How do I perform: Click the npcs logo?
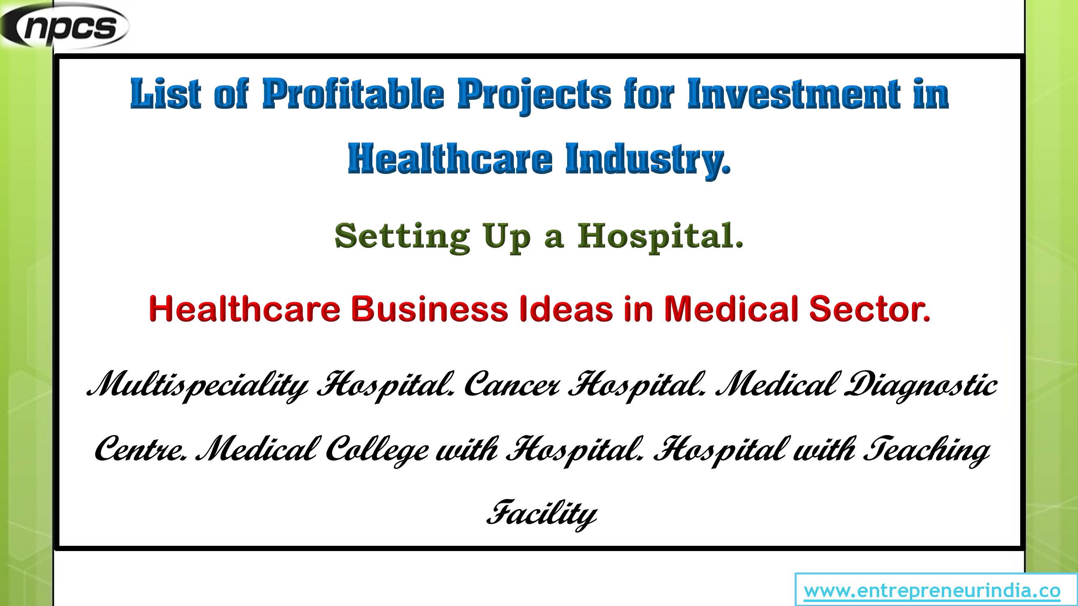point(65,26)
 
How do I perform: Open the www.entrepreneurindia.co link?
point(932,591)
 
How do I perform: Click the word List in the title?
point(166,94)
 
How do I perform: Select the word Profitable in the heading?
point(353,94)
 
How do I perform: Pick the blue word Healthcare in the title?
point(450,158)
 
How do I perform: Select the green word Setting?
point(402,237)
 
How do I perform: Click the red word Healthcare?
point(245,309)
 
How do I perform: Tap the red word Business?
point(429,309)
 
